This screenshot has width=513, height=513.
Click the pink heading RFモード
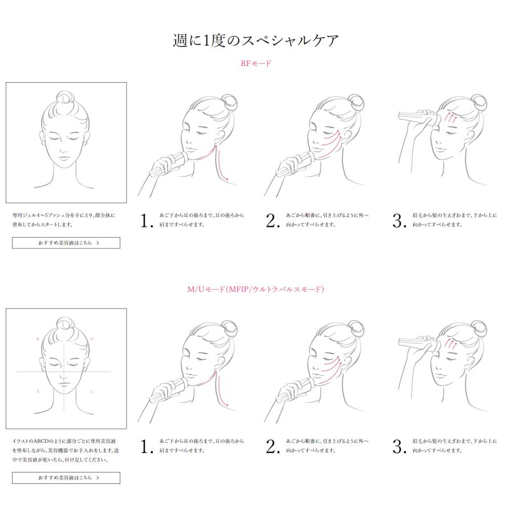tap(256, 63)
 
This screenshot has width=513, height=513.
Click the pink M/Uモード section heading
tap(255, 289)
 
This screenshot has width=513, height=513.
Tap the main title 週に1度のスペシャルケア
tap(255, 40)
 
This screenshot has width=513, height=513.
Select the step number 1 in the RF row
tap(146, 221)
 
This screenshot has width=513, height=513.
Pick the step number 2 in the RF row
tap(273, 221)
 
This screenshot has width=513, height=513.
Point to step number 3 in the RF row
tap(400, 221)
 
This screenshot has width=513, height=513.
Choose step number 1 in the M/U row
tap(146, 446)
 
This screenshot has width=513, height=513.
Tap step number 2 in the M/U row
tap(273, 446)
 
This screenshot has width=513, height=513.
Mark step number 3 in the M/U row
tap(400, 446)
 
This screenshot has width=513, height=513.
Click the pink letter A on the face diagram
tap(38, 391)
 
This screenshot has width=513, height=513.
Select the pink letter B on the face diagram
tap(38, 339)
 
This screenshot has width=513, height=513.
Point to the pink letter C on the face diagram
tap(92, 392)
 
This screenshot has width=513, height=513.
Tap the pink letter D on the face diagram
tap(92, 339)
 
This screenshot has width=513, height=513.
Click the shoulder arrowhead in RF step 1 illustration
tap(226, 178)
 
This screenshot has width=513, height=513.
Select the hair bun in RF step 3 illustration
tap(479, 103)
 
